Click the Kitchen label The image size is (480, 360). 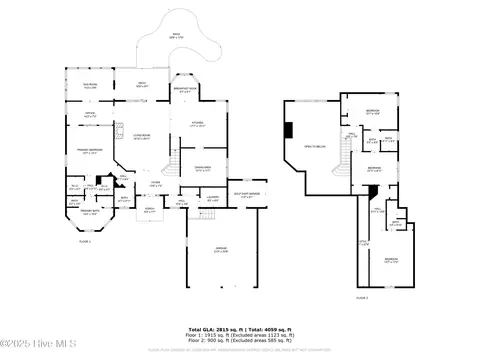click(198, 124)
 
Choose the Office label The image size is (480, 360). click(89, 116)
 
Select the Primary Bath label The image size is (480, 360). click(89, 212)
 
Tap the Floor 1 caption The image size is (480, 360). click(84, 242)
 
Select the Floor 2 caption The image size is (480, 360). click(361, 297)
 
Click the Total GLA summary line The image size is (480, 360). click(240, 327)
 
